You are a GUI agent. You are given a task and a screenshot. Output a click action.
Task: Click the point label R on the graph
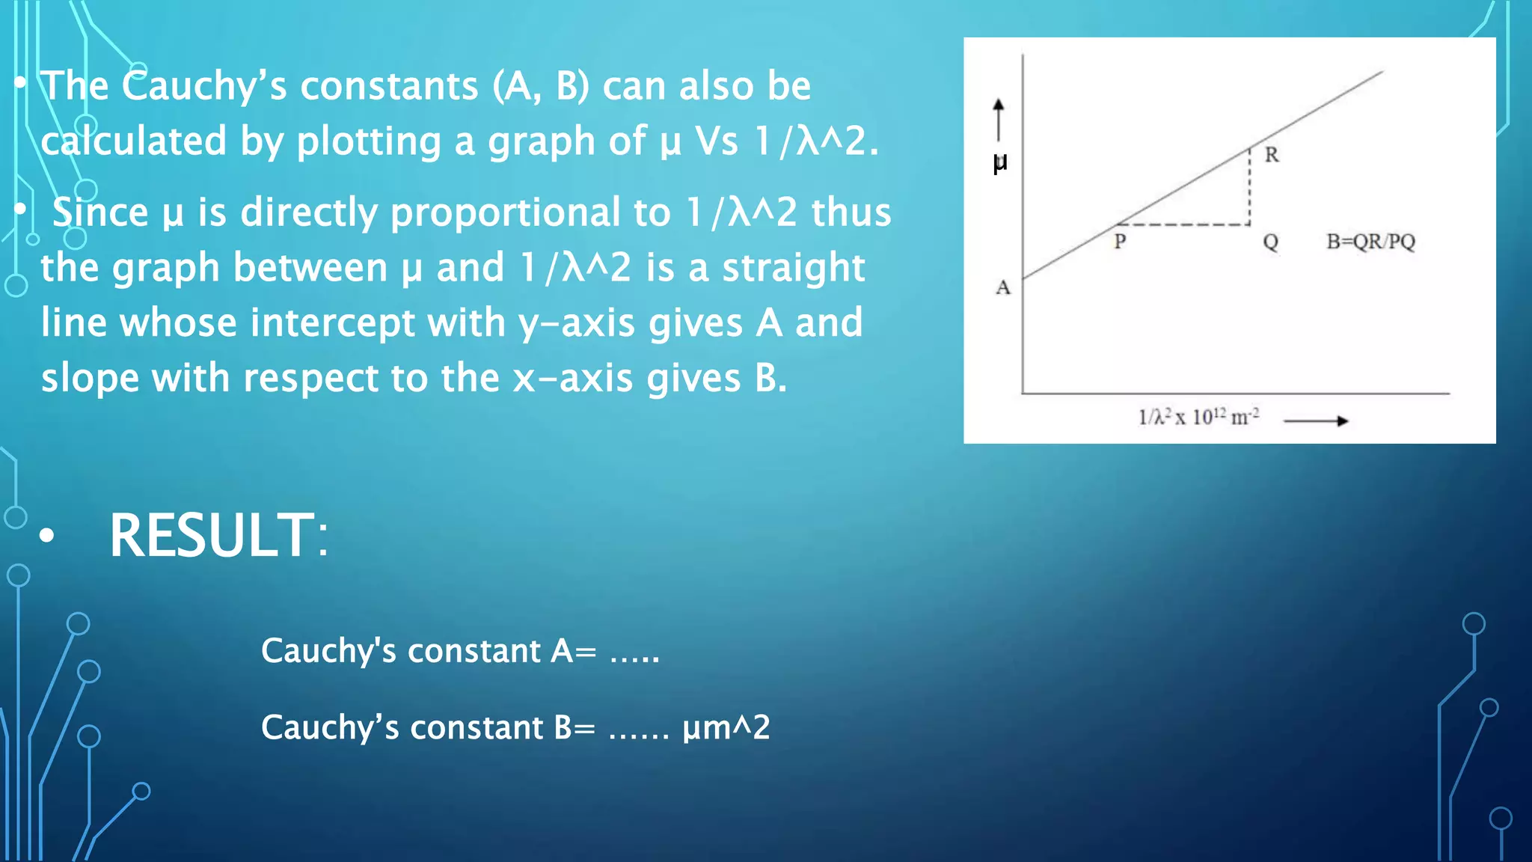pos(1272,155)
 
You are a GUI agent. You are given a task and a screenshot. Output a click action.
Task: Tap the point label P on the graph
pos(1120,241)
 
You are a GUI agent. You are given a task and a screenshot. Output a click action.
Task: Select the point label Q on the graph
pos(1270,242)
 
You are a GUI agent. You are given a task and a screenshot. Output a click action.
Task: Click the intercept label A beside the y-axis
pos(1003,287)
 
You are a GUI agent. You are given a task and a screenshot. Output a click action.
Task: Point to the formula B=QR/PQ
pos(1370,242)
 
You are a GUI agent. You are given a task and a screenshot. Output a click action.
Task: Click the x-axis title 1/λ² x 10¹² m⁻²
pos(1198,417)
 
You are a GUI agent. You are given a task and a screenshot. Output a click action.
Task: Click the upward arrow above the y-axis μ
pos(999,120)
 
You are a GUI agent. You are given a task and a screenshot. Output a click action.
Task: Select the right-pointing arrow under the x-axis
pos(1316,421)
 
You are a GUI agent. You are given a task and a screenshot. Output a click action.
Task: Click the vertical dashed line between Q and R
pos(1249,187)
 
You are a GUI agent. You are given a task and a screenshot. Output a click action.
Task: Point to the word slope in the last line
pos(90,378)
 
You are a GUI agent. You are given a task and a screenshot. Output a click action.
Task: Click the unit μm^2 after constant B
pos(726,727)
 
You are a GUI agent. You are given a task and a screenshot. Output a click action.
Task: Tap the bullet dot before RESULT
pos(47,535)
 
